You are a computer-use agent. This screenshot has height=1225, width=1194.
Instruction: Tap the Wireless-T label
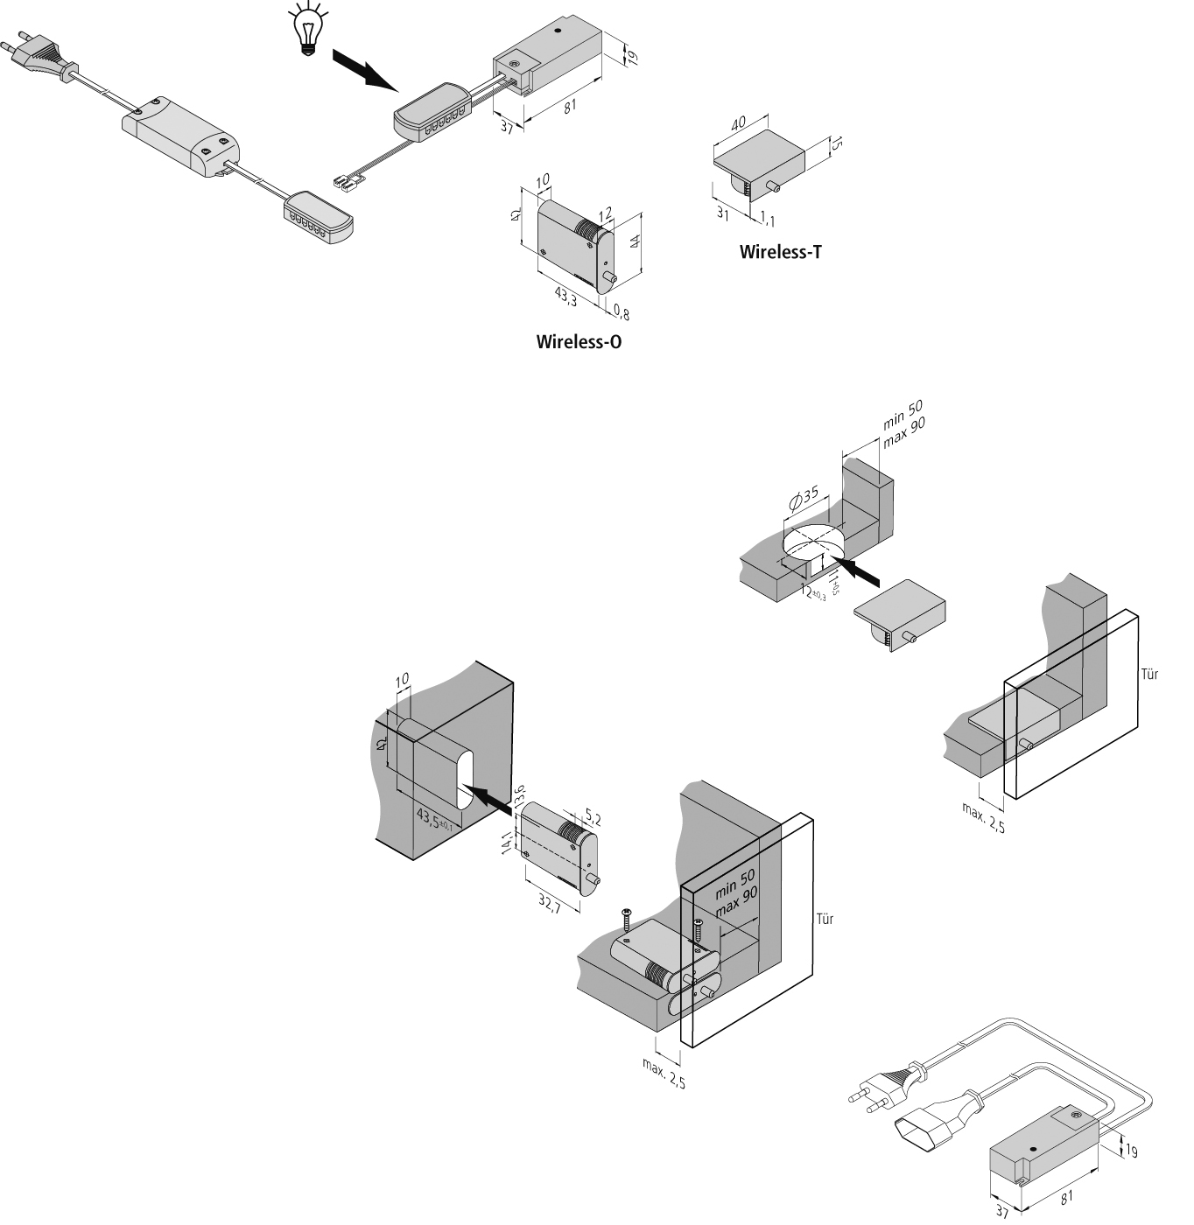[781, 253]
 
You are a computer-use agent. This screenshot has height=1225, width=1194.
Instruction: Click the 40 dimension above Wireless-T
[738, 122]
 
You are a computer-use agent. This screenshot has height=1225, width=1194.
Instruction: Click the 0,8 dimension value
[622, 311]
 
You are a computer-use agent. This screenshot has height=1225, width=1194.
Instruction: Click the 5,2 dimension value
[593, 819]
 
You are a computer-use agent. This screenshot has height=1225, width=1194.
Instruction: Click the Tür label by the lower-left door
[825, 919]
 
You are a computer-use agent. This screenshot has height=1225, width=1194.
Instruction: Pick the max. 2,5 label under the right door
[984, 817]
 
